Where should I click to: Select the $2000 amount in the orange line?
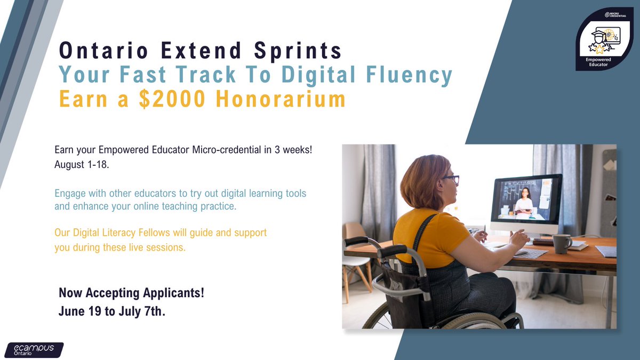[x=169, y=100]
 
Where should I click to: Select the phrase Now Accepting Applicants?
[x=131, y=292]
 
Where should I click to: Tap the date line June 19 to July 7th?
[x=112, y=311]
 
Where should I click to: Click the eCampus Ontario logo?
[x=33, y=349]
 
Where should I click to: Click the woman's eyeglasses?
[x=451, y=180]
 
